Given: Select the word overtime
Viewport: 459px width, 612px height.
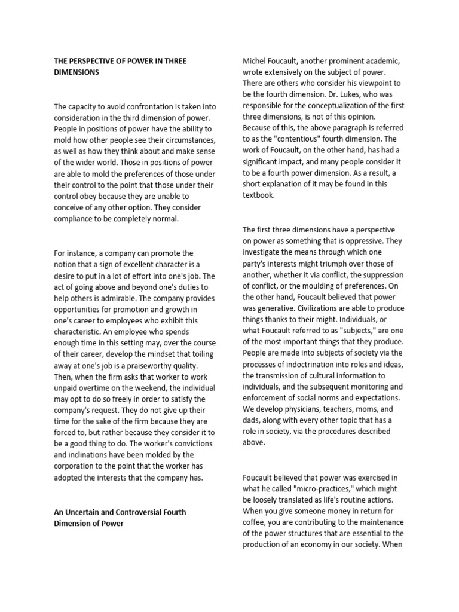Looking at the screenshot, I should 91,388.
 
